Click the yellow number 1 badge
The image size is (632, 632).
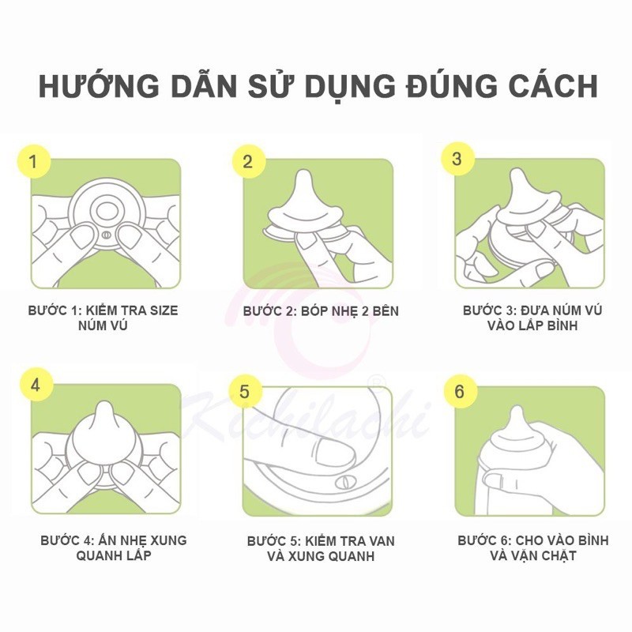(x=34, y=161)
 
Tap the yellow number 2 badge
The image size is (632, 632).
(x=248, y=161)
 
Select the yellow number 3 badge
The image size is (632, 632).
(x=457, y=159)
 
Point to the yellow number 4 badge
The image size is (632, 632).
(x=36, y=385)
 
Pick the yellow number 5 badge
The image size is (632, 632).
(x=245, y=391)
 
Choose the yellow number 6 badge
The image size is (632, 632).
(x=460, y=391)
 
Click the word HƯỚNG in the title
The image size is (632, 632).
(x=100, y=85)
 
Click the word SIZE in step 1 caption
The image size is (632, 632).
(x=164, y=310)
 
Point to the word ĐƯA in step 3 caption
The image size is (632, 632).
(x=536, y=310)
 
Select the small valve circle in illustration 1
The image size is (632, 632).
(x=106, y=235)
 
